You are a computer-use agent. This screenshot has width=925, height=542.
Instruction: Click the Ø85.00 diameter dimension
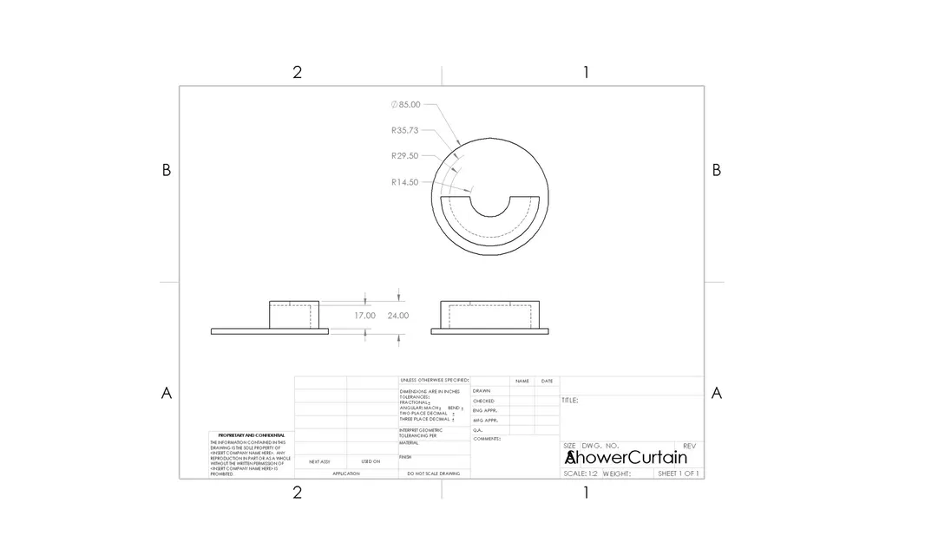click(406, 105)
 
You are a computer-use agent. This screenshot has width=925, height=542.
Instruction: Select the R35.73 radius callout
click(405, 131)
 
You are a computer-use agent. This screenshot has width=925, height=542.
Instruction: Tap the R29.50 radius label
click(405, 156)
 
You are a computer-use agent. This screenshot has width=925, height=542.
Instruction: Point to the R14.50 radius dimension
click(405, 182)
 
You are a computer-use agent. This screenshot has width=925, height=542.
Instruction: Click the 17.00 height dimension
click(364, 316)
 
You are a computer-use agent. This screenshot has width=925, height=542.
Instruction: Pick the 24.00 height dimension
click(397, 316)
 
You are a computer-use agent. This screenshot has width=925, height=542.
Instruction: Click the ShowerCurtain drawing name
click(626, 457)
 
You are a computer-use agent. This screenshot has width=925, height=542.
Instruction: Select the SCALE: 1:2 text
click(581, 473)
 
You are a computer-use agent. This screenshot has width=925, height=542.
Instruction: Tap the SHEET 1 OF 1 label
click(679, 473)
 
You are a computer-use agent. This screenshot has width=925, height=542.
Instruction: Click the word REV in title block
click(690, 446)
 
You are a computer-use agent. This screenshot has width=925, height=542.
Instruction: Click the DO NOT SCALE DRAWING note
click(434, 473)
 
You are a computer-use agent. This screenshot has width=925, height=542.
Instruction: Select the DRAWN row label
click(482, 391)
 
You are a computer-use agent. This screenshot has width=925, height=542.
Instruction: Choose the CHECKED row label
click(483, 401)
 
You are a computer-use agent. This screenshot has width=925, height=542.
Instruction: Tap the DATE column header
click(547, 381)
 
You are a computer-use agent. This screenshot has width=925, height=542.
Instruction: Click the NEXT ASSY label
click(319, 461)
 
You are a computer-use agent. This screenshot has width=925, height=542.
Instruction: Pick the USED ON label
click(371, 461)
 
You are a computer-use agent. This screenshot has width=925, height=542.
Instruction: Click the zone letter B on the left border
click(167, 171)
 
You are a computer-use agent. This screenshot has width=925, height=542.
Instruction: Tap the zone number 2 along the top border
click(297, 72)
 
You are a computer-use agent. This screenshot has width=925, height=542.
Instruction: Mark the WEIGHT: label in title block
click(616, 473)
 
